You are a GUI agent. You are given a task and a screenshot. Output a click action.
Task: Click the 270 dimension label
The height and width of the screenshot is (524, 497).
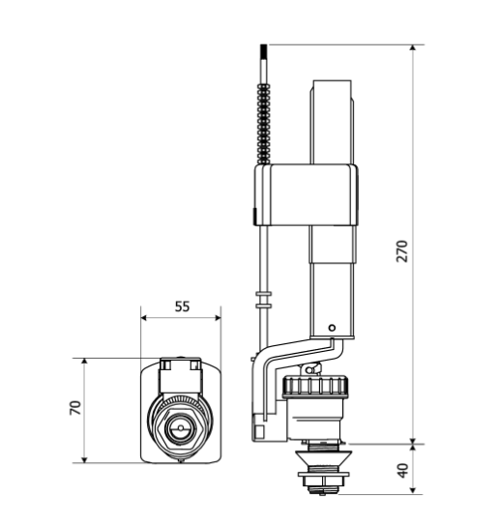coord(402,251)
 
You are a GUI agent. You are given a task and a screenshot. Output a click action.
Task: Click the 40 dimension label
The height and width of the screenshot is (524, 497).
coord(403,470)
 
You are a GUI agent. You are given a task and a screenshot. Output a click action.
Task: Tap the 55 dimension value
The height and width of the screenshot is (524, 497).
coord(182,306)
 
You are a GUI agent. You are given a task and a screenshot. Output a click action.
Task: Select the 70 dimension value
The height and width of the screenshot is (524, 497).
coord(75,407)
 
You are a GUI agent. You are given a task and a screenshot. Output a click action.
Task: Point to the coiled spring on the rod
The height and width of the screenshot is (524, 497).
coord(263,124)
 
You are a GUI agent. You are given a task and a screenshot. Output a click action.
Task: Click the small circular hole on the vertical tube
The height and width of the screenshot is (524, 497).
coord(332,328)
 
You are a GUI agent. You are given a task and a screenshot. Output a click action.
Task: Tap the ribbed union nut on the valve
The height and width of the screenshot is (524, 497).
coord(315,387)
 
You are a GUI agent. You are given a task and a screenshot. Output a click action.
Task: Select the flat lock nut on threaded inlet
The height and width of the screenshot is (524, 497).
coord(323,474)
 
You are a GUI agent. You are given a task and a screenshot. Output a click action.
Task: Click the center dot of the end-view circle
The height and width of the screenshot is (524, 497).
coord(181,427)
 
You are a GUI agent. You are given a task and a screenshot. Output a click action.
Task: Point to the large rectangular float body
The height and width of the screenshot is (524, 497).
coord(307,194)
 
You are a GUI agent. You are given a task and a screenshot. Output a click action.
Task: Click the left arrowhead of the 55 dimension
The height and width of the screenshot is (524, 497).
coord(144,317)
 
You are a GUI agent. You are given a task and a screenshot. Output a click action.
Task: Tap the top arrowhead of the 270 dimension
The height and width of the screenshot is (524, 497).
coord(414,47)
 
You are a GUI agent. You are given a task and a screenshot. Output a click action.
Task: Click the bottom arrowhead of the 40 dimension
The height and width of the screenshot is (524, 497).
coord(414,490)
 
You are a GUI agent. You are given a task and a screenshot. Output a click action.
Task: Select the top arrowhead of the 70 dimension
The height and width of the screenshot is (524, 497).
coord(84,362)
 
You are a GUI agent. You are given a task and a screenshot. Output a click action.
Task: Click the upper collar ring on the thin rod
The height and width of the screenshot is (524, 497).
coord(263,294)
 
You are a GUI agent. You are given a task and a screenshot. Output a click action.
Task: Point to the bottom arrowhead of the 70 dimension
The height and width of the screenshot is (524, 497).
coord(84,459)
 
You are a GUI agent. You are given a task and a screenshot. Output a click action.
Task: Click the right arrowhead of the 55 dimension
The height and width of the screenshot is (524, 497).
coord(218,317)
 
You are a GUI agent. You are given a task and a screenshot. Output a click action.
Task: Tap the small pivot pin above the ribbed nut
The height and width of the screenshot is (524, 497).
coord(309,370)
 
